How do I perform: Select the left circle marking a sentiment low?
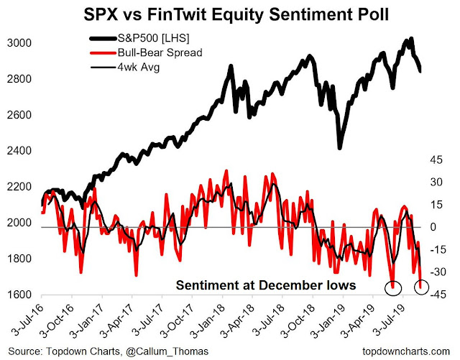tap(392, 288)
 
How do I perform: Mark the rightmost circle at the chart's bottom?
tap(422, 287)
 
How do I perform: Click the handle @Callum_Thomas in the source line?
tap(137, 350)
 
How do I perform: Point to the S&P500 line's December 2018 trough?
tap(339, 147)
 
